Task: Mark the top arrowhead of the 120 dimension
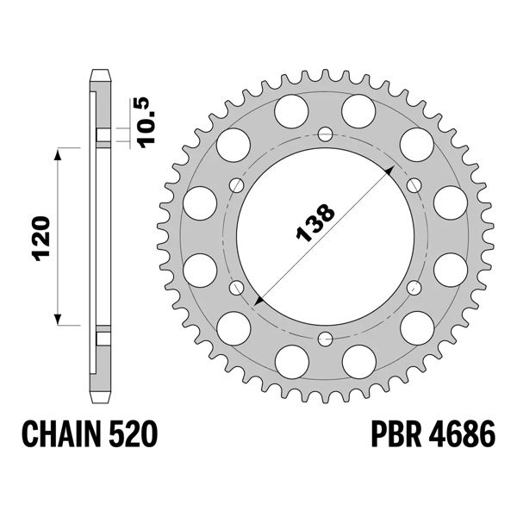[x=59, y=153]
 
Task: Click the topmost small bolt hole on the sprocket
[x=325, y=134]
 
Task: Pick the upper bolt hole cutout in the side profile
[x=102, y=136]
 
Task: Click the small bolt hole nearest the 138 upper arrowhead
[x=413, y=184]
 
